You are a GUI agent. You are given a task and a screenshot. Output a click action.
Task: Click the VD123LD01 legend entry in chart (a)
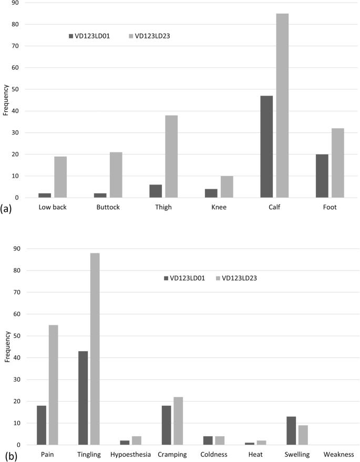pyautogui.click(x=90, y=36)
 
